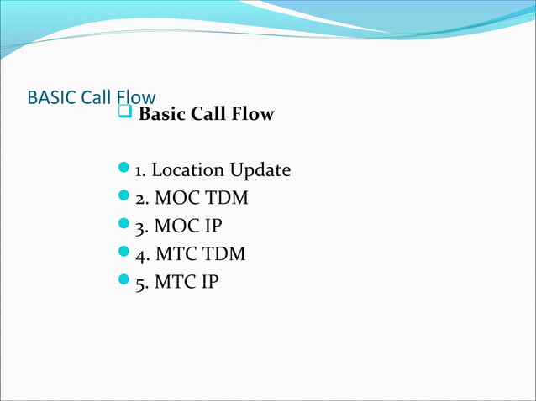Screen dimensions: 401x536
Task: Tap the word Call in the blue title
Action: tap(95, 97)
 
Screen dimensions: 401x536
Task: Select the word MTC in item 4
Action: tap(172, 254)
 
